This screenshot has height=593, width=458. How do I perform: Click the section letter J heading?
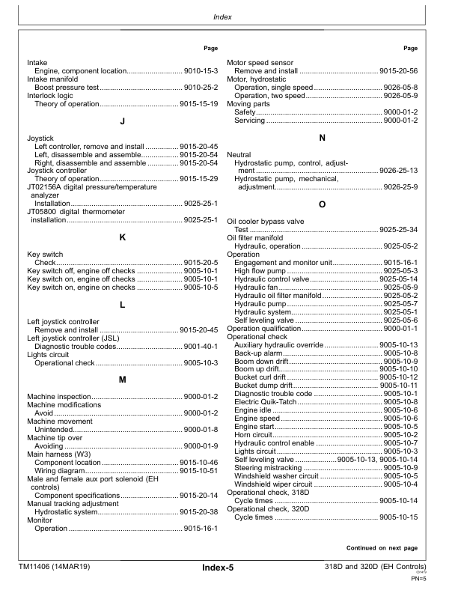pos(121,121)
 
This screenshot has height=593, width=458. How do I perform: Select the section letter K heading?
pos(121,237)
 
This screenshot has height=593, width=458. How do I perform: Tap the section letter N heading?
pos(322,138)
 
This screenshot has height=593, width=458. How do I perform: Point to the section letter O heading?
pos(322,204)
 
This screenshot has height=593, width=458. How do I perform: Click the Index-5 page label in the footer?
pos(218,568)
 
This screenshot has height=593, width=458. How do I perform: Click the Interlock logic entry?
pos(49,95)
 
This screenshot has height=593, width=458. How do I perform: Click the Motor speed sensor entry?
pos(260,62)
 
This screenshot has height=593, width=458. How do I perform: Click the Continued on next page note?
pos(382,547)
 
